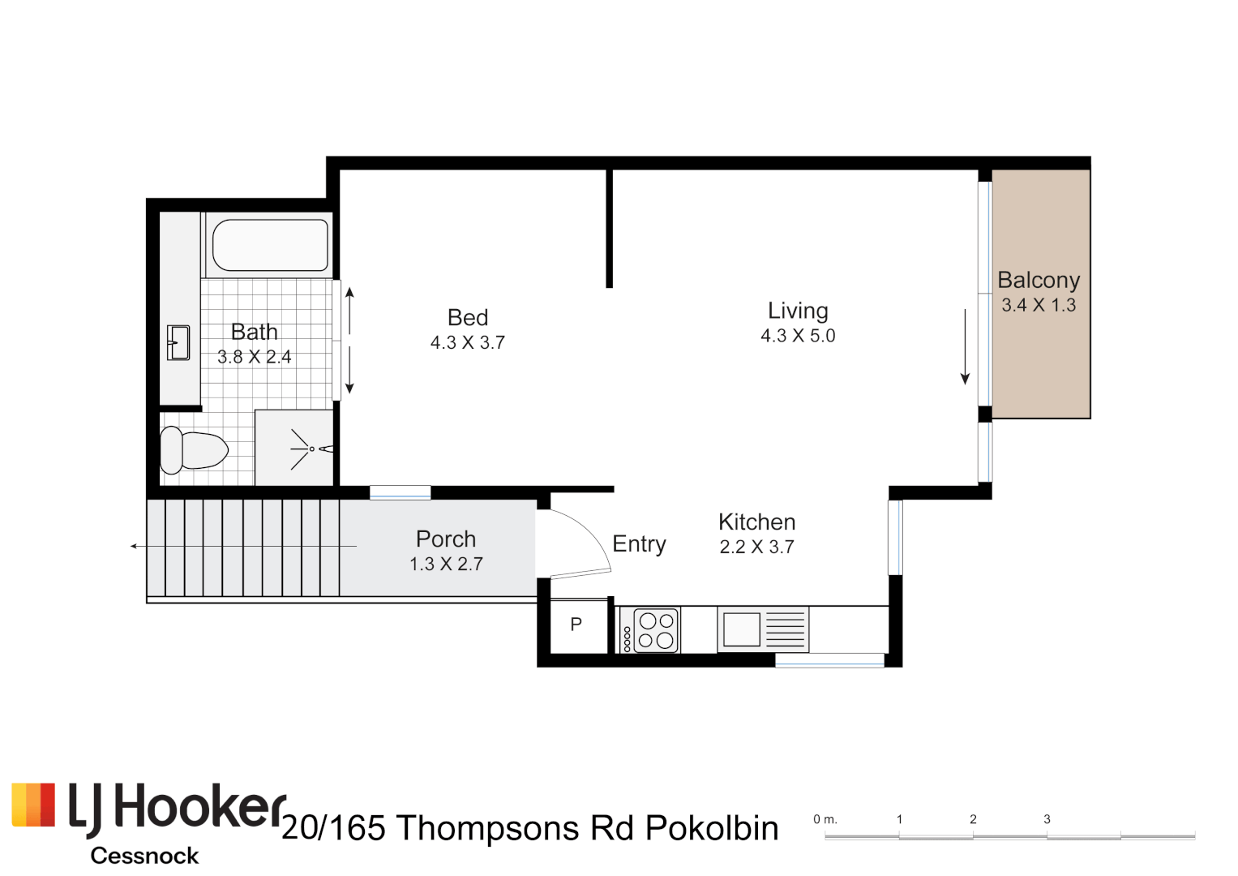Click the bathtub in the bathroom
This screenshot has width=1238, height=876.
pos(270,245)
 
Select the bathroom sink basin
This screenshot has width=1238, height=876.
pos(178,342)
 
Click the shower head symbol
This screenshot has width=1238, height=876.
pos(312,449)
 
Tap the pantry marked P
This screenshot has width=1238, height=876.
pos(576,625)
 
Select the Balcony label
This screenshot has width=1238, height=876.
pos(1039,280)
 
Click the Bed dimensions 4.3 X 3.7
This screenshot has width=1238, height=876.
pos(468,343)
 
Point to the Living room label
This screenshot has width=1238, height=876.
pos(798,311)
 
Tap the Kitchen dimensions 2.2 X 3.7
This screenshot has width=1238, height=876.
pos(756,547)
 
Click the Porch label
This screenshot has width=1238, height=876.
pos(446,539)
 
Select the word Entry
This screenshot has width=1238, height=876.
pos(639,544)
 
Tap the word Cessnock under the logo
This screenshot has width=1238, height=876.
pos(144,856)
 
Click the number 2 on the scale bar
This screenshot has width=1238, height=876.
pos(973,819)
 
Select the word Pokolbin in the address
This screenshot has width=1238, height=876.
pos(712,829)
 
